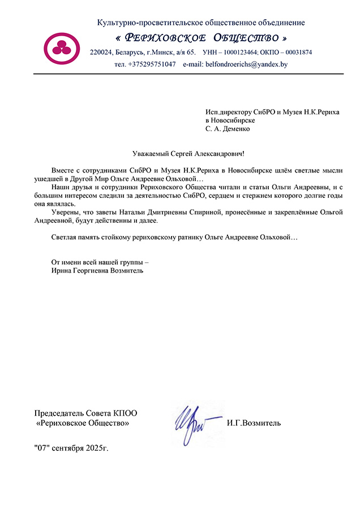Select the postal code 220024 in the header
[101, 53]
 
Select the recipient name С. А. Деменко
[227, 128]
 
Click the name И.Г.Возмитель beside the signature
[253, 423]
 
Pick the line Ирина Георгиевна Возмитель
[97, 271]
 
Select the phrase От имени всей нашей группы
[99, 262]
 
